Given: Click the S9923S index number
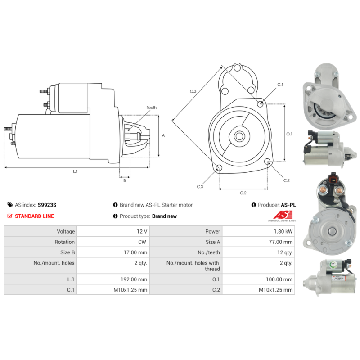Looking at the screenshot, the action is pos(47,205).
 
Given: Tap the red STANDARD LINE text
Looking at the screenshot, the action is pos(35,216).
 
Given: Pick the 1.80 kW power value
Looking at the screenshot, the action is pos(283,231).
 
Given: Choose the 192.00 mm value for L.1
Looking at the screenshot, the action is pos(134,279).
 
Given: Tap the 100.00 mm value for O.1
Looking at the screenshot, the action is pos(279,279).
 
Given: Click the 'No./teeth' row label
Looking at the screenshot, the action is pos(209,252).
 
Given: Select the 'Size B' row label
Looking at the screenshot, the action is pos(67,252).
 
